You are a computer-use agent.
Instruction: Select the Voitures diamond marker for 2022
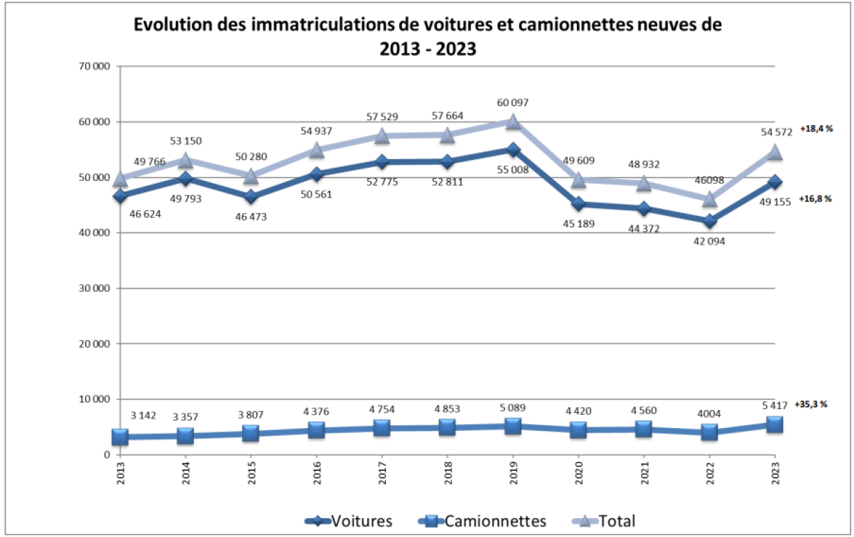coord(710,221)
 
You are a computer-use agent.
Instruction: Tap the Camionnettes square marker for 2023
coord(774,425)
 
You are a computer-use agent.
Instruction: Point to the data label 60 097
coord(513,103)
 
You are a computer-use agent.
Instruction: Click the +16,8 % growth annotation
coord(814,199)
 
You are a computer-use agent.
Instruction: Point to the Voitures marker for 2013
coord(120,196)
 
